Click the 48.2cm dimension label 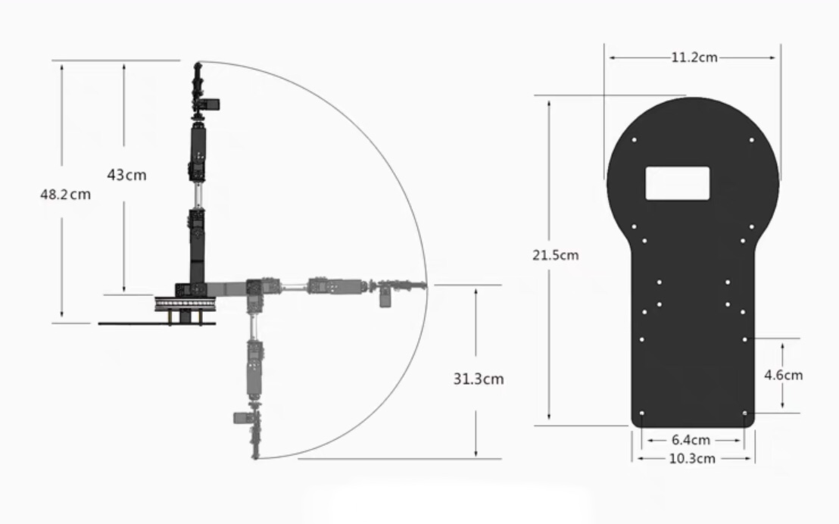(65, 195)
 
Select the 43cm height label (126, 175)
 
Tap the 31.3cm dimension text (479, 379)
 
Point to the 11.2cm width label (694, 58)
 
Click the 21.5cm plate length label (555, 255)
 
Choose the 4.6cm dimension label (784, 375)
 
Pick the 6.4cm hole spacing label (691, 440)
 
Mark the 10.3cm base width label (692, 459)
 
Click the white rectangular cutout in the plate (678, 183)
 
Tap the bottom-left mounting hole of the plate (642, 413)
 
